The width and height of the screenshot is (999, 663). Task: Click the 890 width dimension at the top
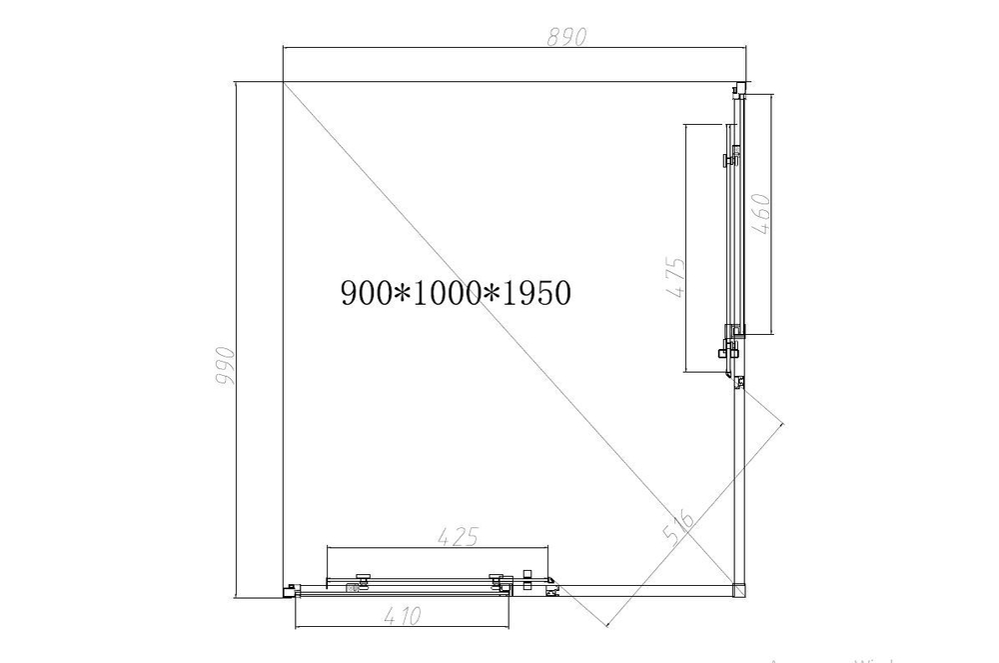point(565,35)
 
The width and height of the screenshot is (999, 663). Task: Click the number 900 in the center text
point(368,293)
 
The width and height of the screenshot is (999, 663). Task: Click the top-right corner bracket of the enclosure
point(739,87)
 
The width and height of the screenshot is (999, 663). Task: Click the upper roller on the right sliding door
point(732,157)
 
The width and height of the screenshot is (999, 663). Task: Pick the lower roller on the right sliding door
point(728,349)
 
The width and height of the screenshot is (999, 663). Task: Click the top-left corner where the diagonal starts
point(284,82)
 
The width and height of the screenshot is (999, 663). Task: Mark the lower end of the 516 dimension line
point(606,626)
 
